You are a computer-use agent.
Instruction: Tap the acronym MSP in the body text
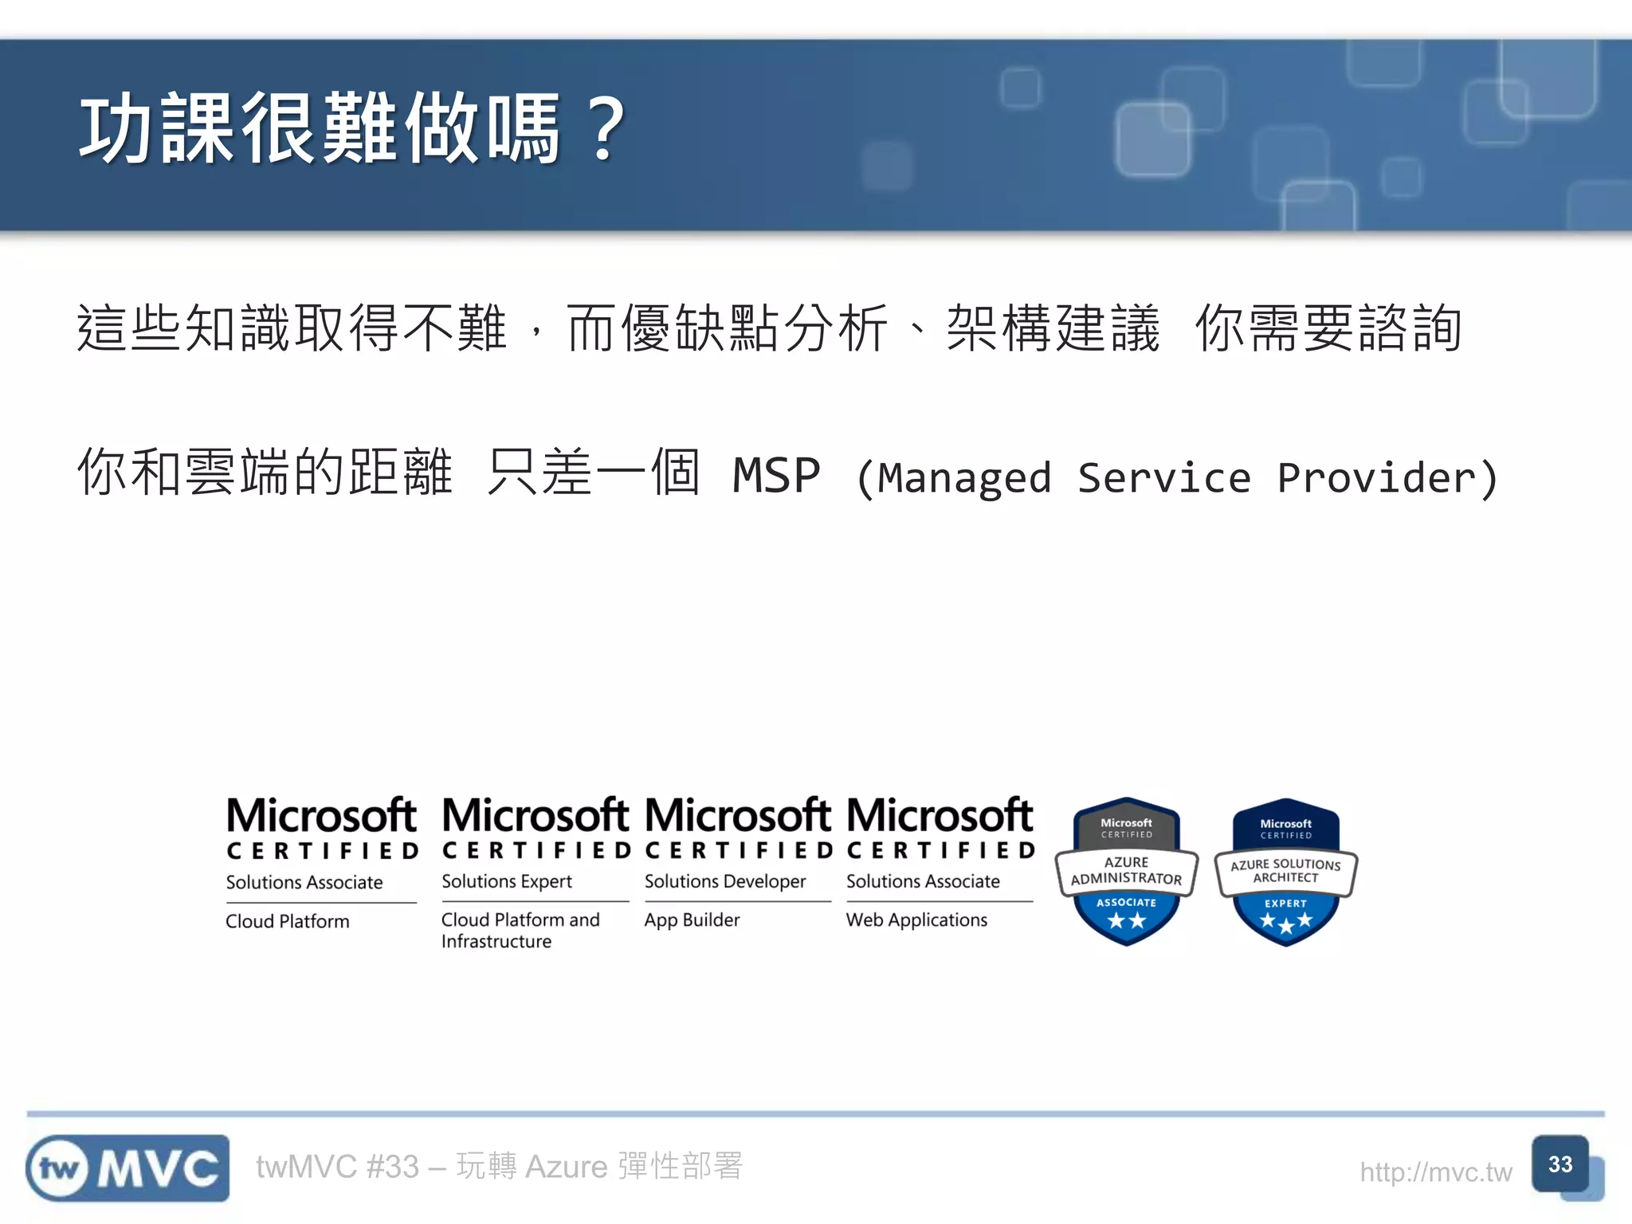click(x=776, y=477)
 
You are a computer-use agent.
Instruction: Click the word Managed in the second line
click(x=964, y=478)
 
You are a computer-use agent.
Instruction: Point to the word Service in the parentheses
click(x=1164, y=478)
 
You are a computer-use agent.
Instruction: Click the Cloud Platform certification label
click(x=288, y=921)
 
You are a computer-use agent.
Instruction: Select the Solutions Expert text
click(x=507, y=881)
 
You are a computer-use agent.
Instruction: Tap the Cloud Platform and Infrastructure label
click(x=520, y=930)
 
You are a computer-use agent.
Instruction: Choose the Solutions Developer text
click(x=725, y=881)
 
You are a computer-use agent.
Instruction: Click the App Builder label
click(x=692, y=920)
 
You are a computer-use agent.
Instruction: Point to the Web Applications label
click(x=916, y=920)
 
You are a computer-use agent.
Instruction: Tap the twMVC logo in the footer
click(x=127, y=1168)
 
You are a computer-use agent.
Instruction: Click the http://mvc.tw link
click(x=1435, y=1172)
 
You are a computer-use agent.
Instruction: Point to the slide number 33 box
click(x=1560, y=1164)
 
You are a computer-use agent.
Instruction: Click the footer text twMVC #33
click(x=337, y=1167)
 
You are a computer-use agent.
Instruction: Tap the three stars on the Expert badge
click(x=1285, y=923)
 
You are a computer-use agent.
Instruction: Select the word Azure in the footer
click(x=566, y=1167)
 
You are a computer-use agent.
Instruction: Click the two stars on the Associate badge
click(x=1126, y=921)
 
